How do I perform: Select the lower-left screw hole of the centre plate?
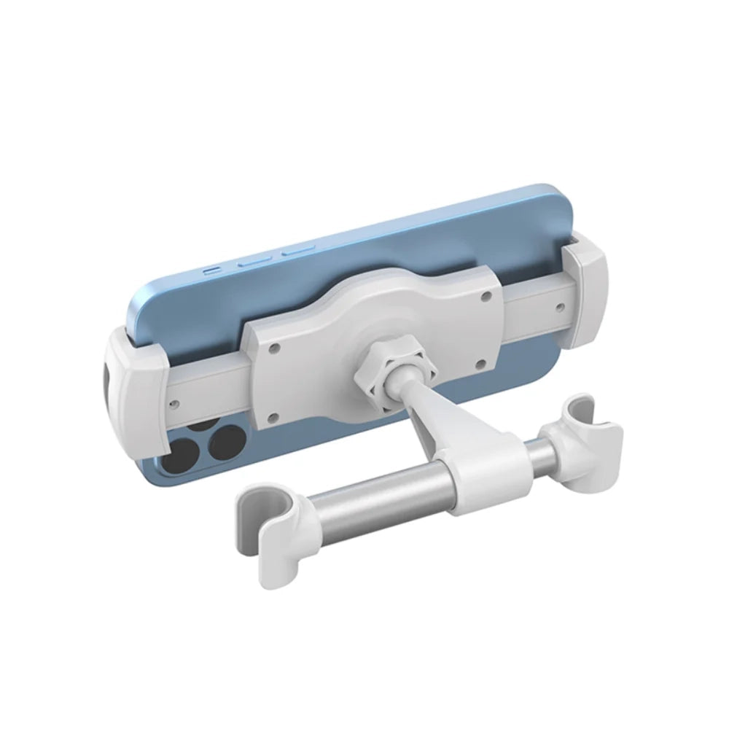(273, 417)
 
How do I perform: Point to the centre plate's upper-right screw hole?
(485, 296)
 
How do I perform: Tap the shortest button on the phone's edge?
(212, 269)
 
